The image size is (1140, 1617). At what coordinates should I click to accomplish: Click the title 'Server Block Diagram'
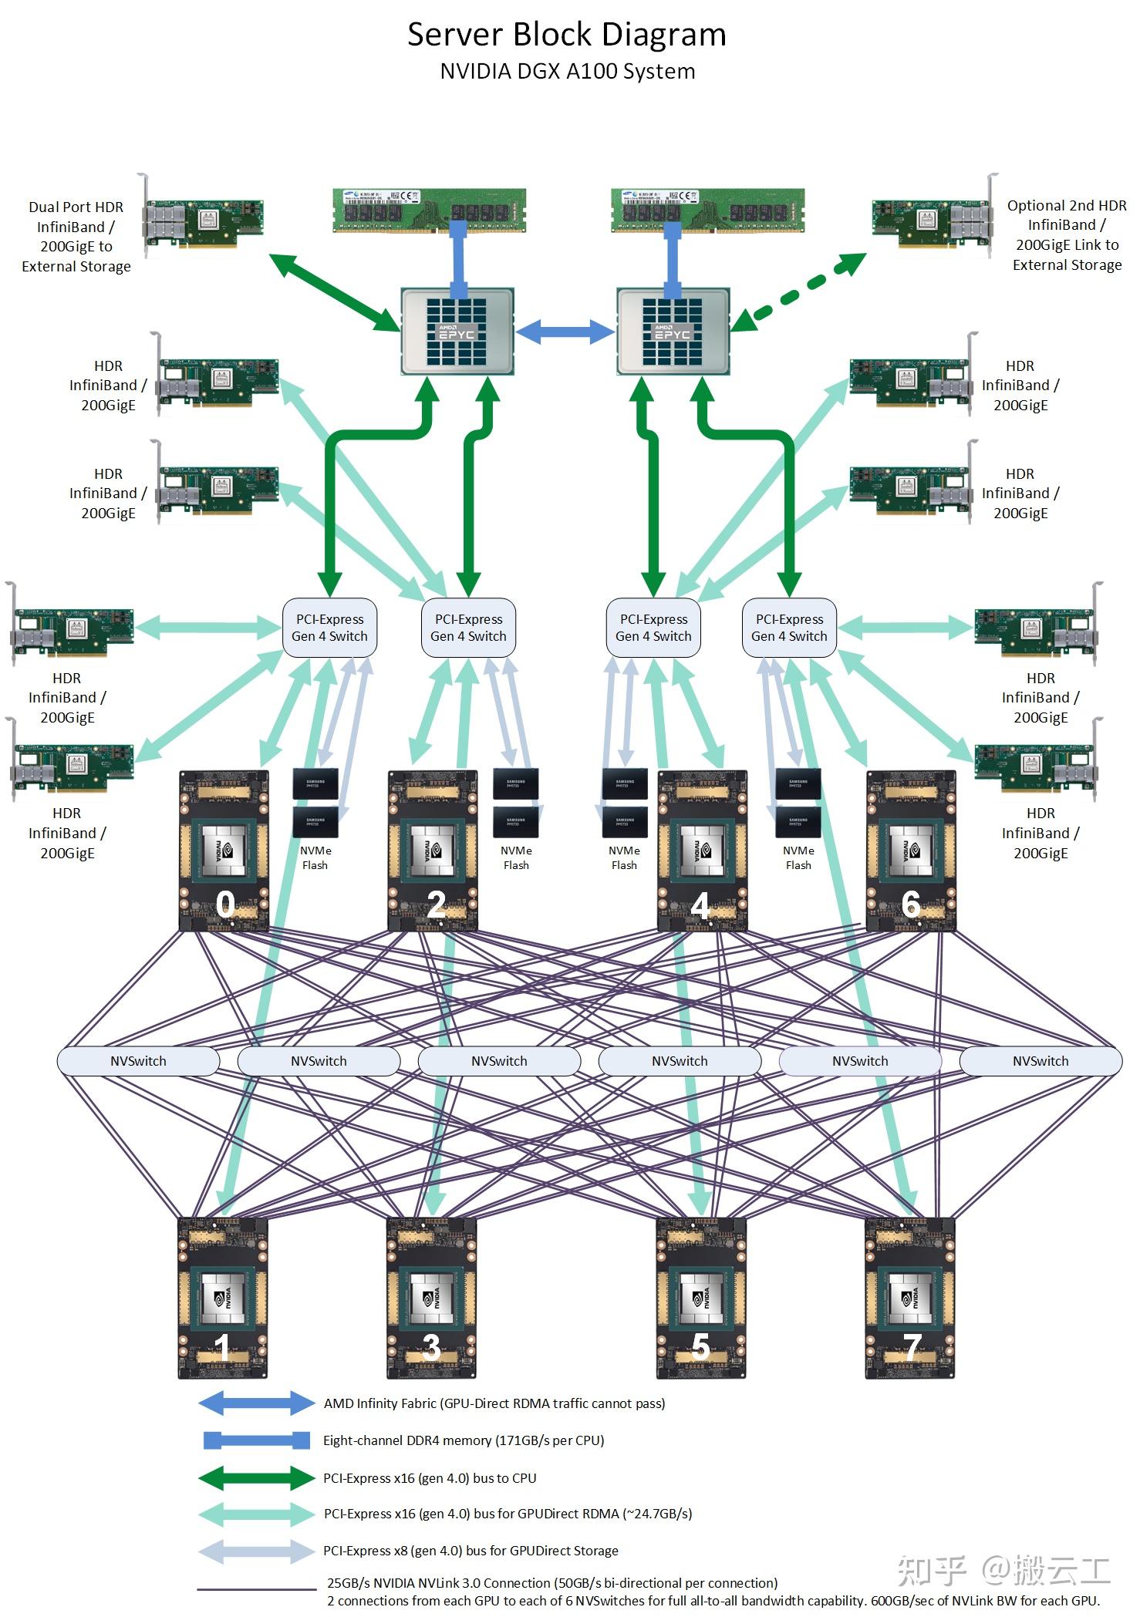tap(567, 35)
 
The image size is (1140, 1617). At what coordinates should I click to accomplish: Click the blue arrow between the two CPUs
tap(565, 332)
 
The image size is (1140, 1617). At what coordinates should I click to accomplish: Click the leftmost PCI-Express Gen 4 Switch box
tap(329, 628)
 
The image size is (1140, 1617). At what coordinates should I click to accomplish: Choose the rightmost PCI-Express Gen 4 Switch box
tap(789, 628)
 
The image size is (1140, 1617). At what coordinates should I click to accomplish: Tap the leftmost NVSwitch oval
tap(138, 1061)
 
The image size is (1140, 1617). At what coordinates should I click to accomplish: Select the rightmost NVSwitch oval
tap(1040, 1061)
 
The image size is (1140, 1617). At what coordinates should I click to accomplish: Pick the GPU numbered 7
tap(910, 1298)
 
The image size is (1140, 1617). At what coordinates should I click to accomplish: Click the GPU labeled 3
tap(432, 1298)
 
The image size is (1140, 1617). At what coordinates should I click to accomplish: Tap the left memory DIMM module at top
tap(430, 210)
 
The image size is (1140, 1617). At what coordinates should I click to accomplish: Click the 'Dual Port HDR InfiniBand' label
tap(76, 236)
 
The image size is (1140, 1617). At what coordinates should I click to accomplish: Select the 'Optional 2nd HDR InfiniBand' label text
tap(1067, 234)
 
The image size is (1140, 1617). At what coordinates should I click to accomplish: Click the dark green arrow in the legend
tap(257, 1478)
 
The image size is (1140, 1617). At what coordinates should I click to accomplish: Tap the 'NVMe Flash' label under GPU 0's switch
tap(315, 857)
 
